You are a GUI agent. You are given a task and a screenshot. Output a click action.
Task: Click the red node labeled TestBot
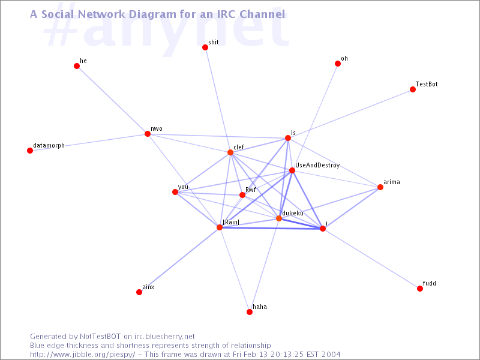(413, 89)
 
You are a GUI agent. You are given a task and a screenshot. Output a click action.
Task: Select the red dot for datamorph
(30, 151)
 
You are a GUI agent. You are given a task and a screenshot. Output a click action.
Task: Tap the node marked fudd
(420, 289)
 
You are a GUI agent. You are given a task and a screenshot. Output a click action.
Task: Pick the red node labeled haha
(250, 312)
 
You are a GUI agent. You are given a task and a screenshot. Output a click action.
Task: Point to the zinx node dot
(139, 292)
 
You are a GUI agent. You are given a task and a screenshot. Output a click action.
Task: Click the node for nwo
(148, 134)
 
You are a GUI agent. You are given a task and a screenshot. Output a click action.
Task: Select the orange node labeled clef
(230, 152)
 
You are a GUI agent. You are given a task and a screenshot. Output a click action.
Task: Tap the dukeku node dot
(279, 218)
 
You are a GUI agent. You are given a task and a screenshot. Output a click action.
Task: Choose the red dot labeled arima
(380, 187)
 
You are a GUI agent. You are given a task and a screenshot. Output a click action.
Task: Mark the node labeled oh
(338, 64)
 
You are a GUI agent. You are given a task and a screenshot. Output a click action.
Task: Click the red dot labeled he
(77, 66)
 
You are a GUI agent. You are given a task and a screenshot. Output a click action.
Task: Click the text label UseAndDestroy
(317, 166)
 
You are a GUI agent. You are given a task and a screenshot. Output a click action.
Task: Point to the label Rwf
(251, 190)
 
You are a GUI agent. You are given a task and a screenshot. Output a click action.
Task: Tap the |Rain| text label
(231, 222)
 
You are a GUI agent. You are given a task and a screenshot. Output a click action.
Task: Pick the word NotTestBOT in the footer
(100, 337)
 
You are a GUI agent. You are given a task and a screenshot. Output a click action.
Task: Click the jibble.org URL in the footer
(83, 355)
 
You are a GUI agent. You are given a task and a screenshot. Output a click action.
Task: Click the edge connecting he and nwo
(112, 100)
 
